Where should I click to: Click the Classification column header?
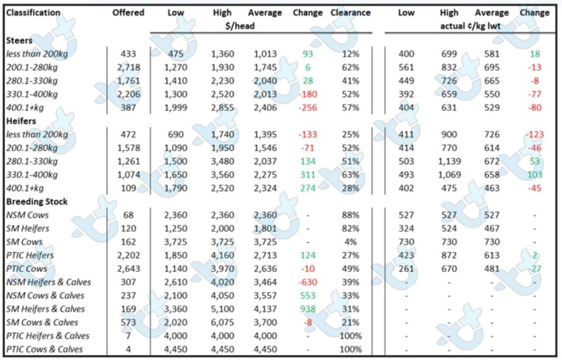click(33, 13)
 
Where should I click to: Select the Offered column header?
click(128, 13)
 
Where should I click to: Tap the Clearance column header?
click(351, 13)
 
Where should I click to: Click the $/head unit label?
click(240, 26)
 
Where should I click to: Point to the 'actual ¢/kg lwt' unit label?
click(470, 26)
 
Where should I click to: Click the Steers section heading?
click(19, 40)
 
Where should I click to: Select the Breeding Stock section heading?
click(36, 201)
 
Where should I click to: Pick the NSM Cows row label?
click(27, 215)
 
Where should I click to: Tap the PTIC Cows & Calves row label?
click(44, 349)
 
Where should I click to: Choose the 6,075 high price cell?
click(222, 323)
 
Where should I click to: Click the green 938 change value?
click(307, 309)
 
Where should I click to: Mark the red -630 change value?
click(307, 282)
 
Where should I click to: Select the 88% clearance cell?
click(351, 215)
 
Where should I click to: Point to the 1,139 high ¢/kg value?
click(449, 161)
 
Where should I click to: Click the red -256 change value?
click(307, 108)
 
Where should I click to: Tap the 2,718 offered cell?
click(128, 68)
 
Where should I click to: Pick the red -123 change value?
click(535, 134)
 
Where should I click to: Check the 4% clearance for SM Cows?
click(351, 242)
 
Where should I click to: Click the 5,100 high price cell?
click(222, 309)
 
